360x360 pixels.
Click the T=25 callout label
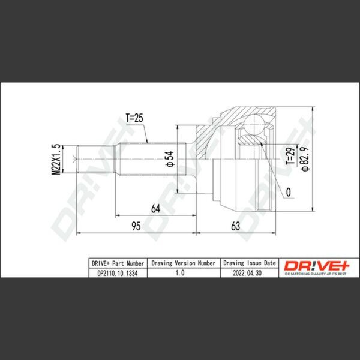click(x=134, y=118)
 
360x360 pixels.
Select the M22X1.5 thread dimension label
click(x=56, y=160)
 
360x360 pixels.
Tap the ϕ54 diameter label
click(x=170, y=159)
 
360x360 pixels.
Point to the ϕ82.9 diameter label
click(x=305, y=158)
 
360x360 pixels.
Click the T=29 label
click(x=290, y=156)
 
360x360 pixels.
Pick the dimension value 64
click(x=155, y=208)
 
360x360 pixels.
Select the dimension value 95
click(x=136, y=226)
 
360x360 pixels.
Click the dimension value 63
click(x=236, y=226)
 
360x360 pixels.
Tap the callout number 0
click(x=289, y=192)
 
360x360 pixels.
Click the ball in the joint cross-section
click(x=254, y=124)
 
